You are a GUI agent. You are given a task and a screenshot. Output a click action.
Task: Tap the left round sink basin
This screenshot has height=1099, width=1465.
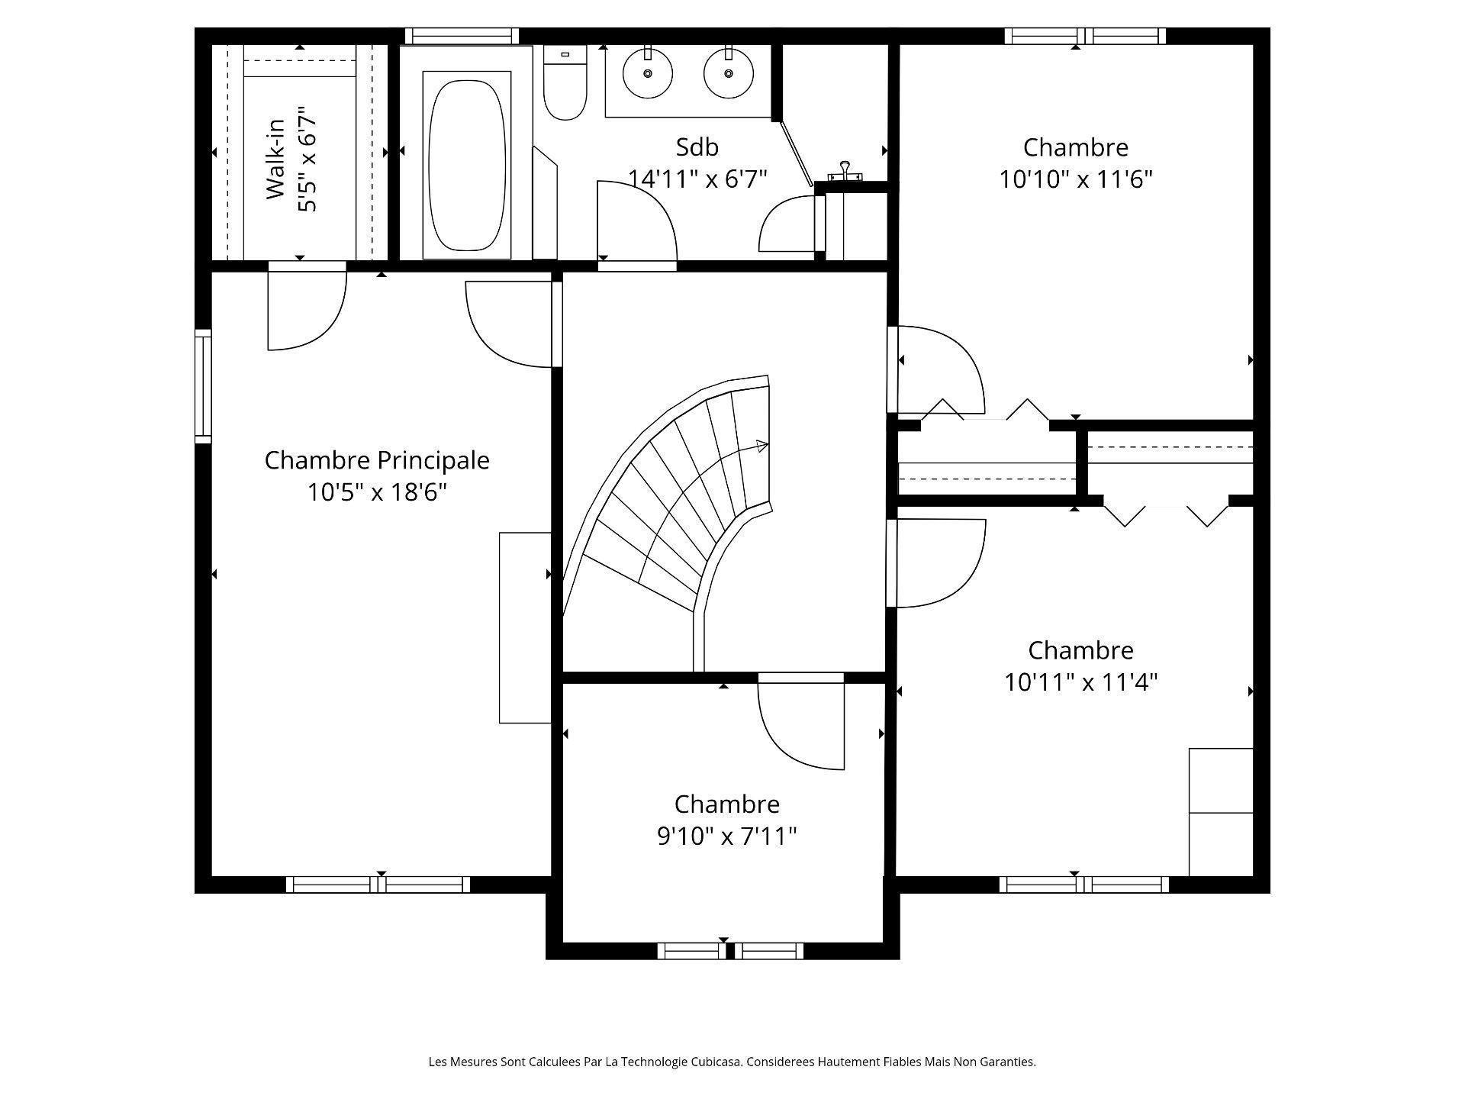coord(648,73)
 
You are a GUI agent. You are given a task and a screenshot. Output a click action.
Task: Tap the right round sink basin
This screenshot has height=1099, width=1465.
coord(729,73)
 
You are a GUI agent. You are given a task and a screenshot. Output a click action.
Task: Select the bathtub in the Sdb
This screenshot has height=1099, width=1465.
coord(466,164)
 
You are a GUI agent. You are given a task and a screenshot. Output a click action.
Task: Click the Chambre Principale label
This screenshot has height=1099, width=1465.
coord(377,460)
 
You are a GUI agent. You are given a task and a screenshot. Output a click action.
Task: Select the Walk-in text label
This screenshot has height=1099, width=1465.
coord(275,160)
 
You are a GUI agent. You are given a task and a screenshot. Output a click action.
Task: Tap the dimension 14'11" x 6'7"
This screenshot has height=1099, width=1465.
coord(697,179)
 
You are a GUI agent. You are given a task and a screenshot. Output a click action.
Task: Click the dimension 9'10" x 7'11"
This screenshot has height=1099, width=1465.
coord(726,837)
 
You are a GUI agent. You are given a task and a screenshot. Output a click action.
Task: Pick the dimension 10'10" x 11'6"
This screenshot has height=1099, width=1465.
coord(1075,179)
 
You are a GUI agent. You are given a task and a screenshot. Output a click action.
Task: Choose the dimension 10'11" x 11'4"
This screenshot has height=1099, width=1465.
coord(1080,682)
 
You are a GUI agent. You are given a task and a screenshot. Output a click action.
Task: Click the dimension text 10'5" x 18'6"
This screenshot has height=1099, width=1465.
coord(377,492)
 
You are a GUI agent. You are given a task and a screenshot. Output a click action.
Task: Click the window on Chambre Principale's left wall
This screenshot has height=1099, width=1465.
coord(202,386)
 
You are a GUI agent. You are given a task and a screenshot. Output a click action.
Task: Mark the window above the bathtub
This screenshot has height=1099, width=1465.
coord(462,36)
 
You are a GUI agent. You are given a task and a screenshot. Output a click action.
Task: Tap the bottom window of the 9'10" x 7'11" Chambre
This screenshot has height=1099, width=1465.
coord(730,951)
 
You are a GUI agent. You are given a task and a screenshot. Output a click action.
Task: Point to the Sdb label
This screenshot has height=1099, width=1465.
coord(697,147)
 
